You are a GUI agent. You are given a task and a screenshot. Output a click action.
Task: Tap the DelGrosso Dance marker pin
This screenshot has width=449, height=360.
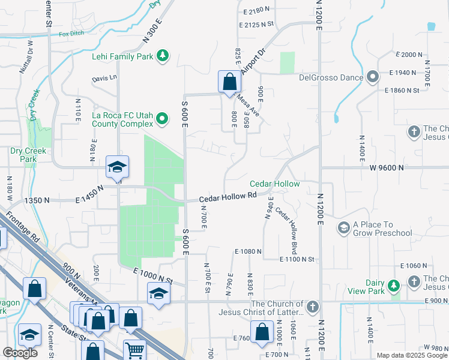[372, 77]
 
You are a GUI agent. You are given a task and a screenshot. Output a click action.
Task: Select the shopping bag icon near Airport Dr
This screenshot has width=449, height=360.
[229, 81]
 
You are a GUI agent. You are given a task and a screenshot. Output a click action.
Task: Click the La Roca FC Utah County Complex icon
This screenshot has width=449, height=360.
[161, 119]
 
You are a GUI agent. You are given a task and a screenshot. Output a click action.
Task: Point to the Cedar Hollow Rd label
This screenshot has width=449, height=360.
[228, 197]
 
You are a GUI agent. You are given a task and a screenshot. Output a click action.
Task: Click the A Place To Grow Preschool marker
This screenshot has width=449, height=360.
[343, 228]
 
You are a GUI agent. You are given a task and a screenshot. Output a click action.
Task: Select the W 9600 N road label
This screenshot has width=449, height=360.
[384, 169]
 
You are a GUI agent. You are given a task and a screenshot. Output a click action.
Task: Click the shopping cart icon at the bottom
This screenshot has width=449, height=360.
[134, 350]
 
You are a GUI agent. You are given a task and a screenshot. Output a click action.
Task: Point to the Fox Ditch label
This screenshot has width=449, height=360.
[71, 34]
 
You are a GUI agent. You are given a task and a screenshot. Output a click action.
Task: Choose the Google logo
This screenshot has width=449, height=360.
[20, 353]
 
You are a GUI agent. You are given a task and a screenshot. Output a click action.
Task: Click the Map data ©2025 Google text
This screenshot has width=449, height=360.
[412, 355]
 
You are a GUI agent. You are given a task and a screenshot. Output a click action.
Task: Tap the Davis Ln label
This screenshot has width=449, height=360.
[104, 78]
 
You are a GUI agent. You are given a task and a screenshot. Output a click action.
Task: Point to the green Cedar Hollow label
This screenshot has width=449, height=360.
[274, 184]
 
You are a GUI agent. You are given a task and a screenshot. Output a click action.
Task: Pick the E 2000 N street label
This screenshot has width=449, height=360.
[409, 55]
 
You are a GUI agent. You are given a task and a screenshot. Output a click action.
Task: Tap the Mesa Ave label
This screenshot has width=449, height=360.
[248, 104]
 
